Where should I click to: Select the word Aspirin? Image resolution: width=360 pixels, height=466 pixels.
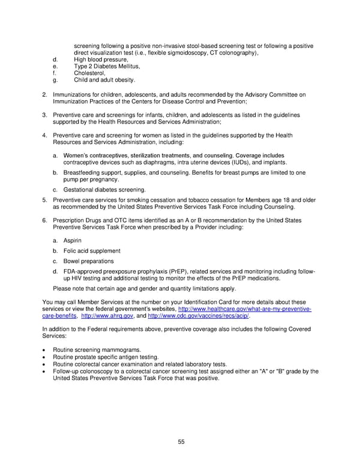72,240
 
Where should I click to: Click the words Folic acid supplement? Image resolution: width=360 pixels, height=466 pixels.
91,250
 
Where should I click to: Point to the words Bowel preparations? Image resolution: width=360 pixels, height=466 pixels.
88,261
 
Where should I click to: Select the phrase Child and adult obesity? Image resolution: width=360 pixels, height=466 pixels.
104,80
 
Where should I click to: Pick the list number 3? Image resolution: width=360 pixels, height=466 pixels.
44,114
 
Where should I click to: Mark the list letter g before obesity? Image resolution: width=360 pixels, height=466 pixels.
55,80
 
